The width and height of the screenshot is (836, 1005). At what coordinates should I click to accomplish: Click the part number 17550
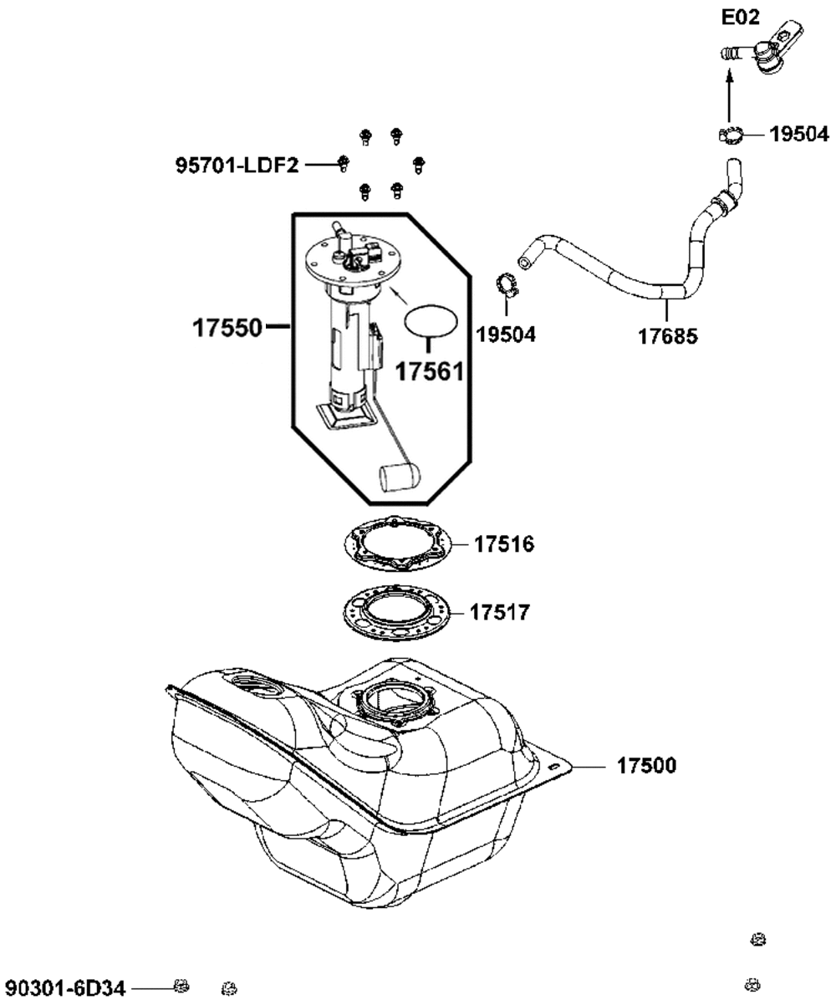click(x=227, y=329)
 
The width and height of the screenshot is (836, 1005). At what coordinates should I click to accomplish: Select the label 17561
click(x=430, y=371)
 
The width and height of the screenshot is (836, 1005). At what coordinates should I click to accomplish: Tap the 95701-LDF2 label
click(x=237, y=166)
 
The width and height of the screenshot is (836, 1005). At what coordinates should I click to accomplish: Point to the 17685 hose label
click(x=668, y=336)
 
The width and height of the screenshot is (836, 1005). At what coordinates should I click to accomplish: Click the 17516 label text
click(x=504, y=544)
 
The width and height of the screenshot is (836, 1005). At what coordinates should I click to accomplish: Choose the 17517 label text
click(x=500, y=613)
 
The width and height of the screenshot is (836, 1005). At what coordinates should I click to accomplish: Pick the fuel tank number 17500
click(x=646, y=765)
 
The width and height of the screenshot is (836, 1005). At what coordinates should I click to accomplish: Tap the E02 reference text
click(x=740, y=18)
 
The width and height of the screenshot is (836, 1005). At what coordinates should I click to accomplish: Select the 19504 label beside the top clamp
click(x=799, y=135)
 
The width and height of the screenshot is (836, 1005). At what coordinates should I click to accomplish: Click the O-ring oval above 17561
click(x=431, y=321)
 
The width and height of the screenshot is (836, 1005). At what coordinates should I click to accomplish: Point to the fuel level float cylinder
click(x=400, y=477)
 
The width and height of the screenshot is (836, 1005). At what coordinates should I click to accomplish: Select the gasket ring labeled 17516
click(x=398, y=544)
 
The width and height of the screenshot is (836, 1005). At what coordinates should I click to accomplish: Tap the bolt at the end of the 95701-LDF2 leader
click(x=343, y=163)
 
